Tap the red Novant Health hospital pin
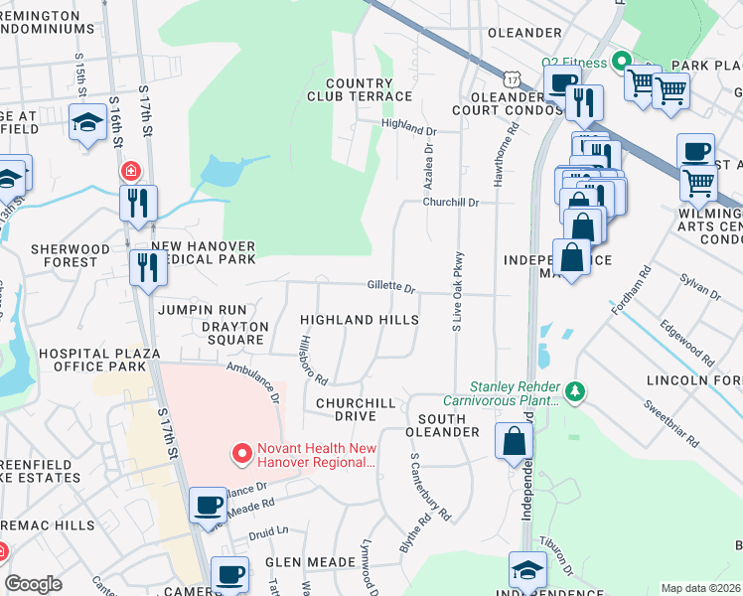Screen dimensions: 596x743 240,455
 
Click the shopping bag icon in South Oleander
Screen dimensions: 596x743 513,442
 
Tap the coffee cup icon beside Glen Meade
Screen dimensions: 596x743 229,573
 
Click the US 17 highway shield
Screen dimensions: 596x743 511,76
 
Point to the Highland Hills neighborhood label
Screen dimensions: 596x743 360,321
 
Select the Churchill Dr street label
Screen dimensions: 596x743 451,202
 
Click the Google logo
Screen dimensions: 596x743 34,584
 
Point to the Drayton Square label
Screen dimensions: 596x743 234,333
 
